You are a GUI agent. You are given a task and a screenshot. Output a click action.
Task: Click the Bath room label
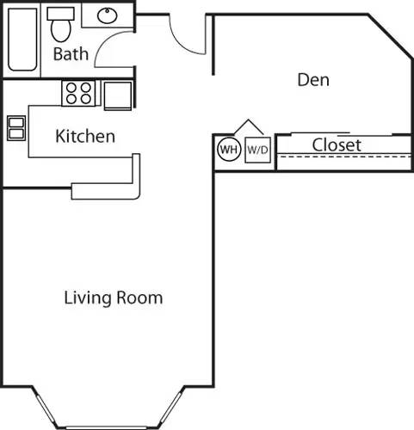[71, 55]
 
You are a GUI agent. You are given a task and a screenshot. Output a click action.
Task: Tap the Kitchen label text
[85, 136]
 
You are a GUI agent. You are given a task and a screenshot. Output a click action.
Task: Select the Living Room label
[114, 298]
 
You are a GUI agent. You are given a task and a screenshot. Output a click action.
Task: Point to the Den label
[314, 80]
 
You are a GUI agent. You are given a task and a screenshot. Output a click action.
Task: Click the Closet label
[337, 145]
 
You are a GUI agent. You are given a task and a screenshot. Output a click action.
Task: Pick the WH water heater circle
[228, 150]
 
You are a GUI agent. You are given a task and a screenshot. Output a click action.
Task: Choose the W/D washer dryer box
[257, 150]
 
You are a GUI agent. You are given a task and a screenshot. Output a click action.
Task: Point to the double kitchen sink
[15, 127]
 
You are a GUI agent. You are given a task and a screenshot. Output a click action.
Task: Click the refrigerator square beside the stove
[118, 94]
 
